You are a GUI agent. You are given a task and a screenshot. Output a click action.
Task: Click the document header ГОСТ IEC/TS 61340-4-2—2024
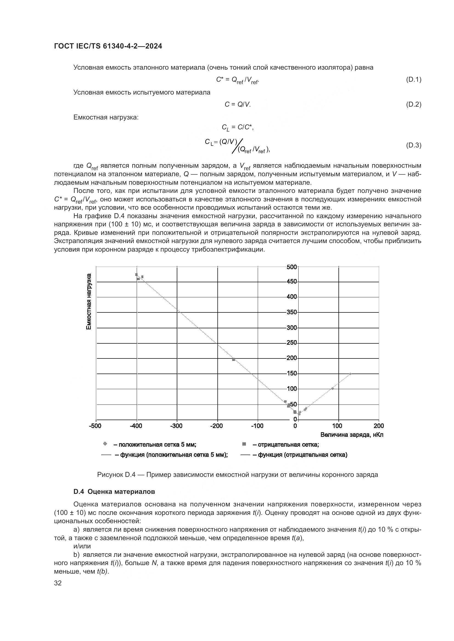point(108,46)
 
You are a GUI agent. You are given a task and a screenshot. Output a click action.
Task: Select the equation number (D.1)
point(413,80)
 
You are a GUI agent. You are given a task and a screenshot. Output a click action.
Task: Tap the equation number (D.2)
point(413,105)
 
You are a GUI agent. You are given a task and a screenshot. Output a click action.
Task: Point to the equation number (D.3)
point(413,145)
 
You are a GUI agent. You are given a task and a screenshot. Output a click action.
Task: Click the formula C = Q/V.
point(238,105)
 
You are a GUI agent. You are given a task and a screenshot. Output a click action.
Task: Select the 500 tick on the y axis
point(292,267)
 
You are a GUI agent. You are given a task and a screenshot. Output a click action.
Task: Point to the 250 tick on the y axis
point(292,343)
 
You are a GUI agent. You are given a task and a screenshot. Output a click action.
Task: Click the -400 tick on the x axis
point(136,426)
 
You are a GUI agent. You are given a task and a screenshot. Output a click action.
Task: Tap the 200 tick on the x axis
point(379,426)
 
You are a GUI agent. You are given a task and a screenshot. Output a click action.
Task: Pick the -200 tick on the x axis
point(217,426)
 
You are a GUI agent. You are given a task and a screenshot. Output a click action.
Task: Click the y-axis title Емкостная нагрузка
point(89,301)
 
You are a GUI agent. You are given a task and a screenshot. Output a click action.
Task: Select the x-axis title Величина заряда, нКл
point(352,435)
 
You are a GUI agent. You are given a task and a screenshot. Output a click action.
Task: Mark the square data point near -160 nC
point(233,360)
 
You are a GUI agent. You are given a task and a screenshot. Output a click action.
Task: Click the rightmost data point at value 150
point(350,374)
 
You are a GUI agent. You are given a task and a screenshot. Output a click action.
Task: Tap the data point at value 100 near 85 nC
point(332,389)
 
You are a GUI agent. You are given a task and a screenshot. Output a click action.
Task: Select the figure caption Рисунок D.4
point(237,475)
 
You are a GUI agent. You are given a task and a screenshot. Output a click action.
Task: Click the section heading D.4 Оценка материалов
point(114,492)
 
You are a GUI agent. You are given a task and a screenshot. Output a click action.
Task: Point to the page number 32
point(58,583)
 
